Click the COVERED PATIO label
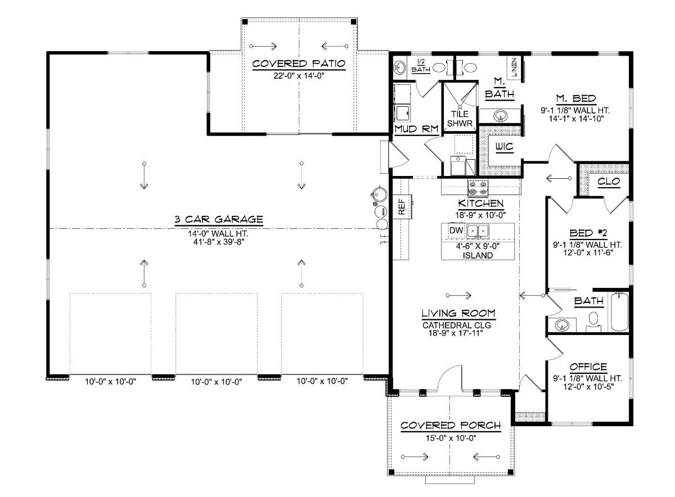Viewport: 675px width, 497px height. (298, 63)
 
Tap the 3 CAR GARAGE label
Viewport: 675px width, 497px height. (219, 219)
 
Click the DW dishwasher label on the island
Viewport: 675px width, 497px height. (455, 230)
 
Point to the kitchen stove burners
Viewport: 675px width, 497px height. (478, 187)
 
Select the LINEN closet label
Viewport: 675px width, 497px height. (514, 67)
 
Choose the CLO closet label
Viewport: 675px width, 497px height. (609, 181)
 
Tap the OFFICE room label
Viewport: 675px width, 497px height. (588, 367)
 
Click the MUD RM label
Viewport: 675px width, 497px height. (416, 129)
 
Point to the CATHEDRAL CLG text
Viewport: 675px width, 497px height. (454, 324)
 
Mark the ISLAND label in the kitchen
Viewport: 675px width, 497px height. (478, 255)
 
